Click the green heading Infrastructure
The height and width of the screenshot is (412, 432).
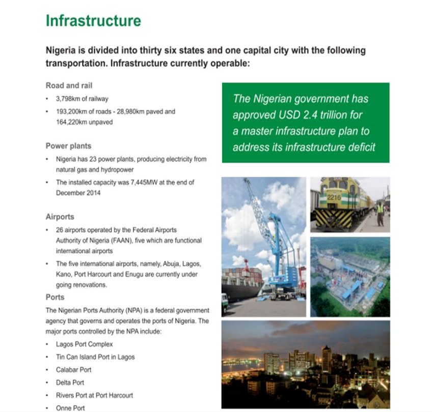93,21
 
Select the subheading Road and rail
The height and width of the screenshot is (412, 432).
69,85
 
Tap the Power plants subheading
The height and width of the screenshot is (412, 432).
68,146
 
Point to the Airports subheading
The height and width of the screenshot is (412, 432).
60,217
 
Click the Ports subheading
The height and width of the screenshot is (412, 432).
55,297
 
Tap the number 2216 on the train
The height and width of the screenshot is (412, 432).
334,197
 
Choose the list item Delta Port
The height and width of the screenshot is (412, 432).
70,382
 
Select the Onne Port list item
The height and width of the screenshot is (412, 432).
70,408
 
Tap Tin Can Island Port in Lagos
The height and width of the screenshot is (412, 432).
95,357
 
